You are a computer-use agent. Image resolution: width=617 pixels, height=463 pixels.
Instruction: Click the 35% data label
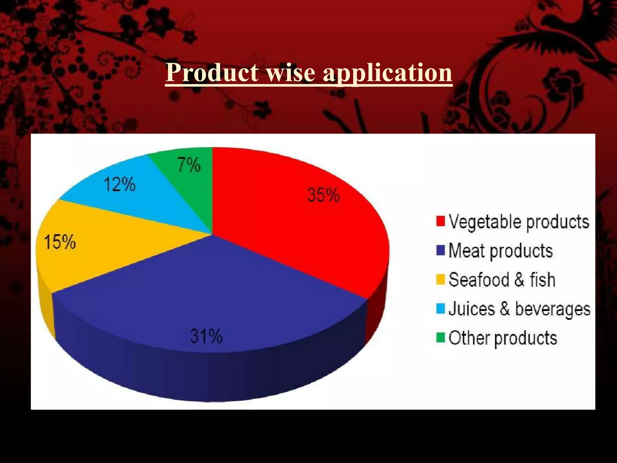[x=324, y=195]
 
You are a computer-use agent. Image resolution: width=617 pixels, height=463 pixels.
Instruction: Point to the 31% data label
[x=206, y=336]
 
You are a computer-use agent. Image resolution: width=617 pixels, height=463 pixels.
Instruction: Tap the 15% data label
[x=60, y=242]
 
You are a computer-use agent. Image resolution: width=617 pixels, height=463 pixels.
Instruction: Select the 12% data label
[x=120, y=184]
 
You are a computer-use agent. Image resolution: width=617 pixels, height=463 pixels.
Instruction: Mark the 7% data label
[x=189, y=165]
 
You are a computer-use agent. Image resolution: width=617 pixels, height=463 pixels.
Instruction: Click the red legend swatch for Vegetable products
[x=440, y=221]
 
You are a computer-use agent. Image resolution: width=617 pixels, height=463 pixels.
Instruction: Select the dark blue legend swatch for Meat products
[x=440, y=250]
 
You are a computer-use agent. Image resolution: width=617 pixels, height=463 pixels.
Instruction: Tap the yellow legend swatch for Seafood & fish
[x=440, y=279]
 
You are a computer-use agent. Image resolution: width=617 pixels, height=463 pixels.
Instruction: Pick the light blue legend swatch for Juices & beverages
[x=440, y=309]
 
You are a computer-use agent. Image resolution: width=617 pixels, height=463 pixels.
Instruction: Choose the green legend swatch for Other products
[x=440, y=338]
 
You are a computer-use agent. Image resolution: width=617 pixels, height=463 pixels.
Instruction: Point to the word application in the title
[x=387, y=73]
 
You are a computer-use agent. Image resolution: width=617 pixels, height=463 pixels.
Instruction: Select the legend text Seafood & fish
[x=502, y=280]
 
